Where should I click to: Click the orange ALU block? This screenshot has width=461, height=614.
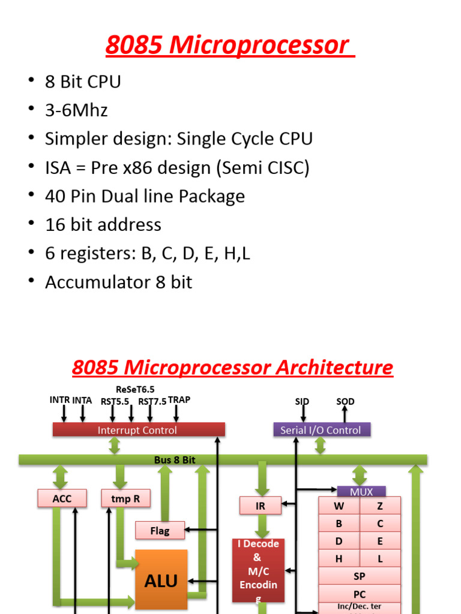(161, 580)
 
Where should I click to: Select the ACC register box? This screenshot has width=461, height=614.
(62, 498)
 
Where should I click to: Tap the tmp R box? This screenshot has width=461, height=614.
(125, 498)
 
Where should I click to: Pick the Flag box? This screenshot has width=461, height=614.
(160, 531)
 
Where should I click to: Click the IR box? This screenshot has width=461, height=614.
(260, 506)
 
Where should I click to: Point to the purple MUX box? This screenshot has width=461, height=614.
(361, 492)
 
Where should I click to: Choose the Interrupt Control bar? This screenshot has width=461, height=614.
(139, 430)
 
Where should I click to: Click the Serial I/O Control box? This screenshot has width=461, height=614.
(321, 430)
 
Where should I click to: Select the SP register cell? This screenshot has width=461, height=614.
(360, 576)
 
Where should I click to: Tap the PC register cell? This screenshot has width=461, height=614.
(360, 594)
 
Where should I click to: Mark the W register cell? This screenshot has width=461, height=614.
(339, 506)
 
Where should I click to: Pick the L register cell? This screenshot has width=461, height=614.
(380, 559)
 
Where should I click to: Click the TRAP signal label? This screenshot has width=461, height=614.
(179, 400)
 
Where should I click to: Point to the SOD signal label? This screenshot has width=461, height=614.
(345, 401)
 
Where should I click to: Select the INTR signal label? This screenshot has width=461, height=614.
(60, 400)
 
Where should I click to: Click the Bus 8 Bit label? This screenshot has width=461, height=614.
(175, 460)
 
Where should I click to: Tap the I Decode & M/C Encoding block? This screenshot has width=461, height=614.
(258, 570)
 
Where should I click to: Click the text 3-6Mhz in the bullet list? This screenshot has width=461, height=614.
(76, 110)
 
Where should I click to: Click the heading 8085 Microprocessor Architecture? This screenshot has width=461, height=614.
(232, 367)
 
